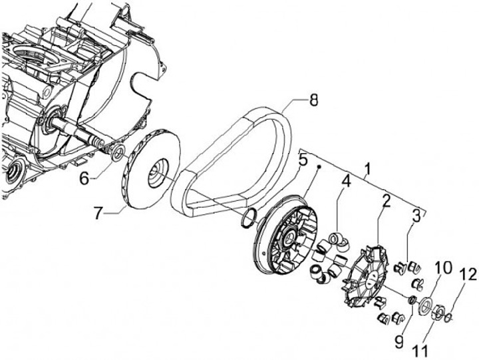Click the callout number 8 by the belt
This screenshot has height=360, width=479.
313,100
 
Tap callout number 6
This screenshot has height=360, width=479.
84,178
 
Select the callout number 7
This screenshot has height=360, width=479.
97,213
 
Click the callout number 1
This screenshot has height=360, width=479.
367,169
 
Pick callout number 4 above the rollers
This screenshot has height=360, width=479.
345,180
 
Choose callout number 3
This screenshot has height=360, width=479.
416,216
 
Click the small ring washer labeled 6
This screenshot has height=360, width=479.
118,152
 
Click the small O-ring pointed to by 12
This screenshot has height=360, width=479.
448,317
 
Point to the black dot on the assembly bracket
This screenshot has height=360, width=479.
318,167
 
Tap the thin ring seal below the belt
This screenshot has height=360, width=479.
248,218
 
